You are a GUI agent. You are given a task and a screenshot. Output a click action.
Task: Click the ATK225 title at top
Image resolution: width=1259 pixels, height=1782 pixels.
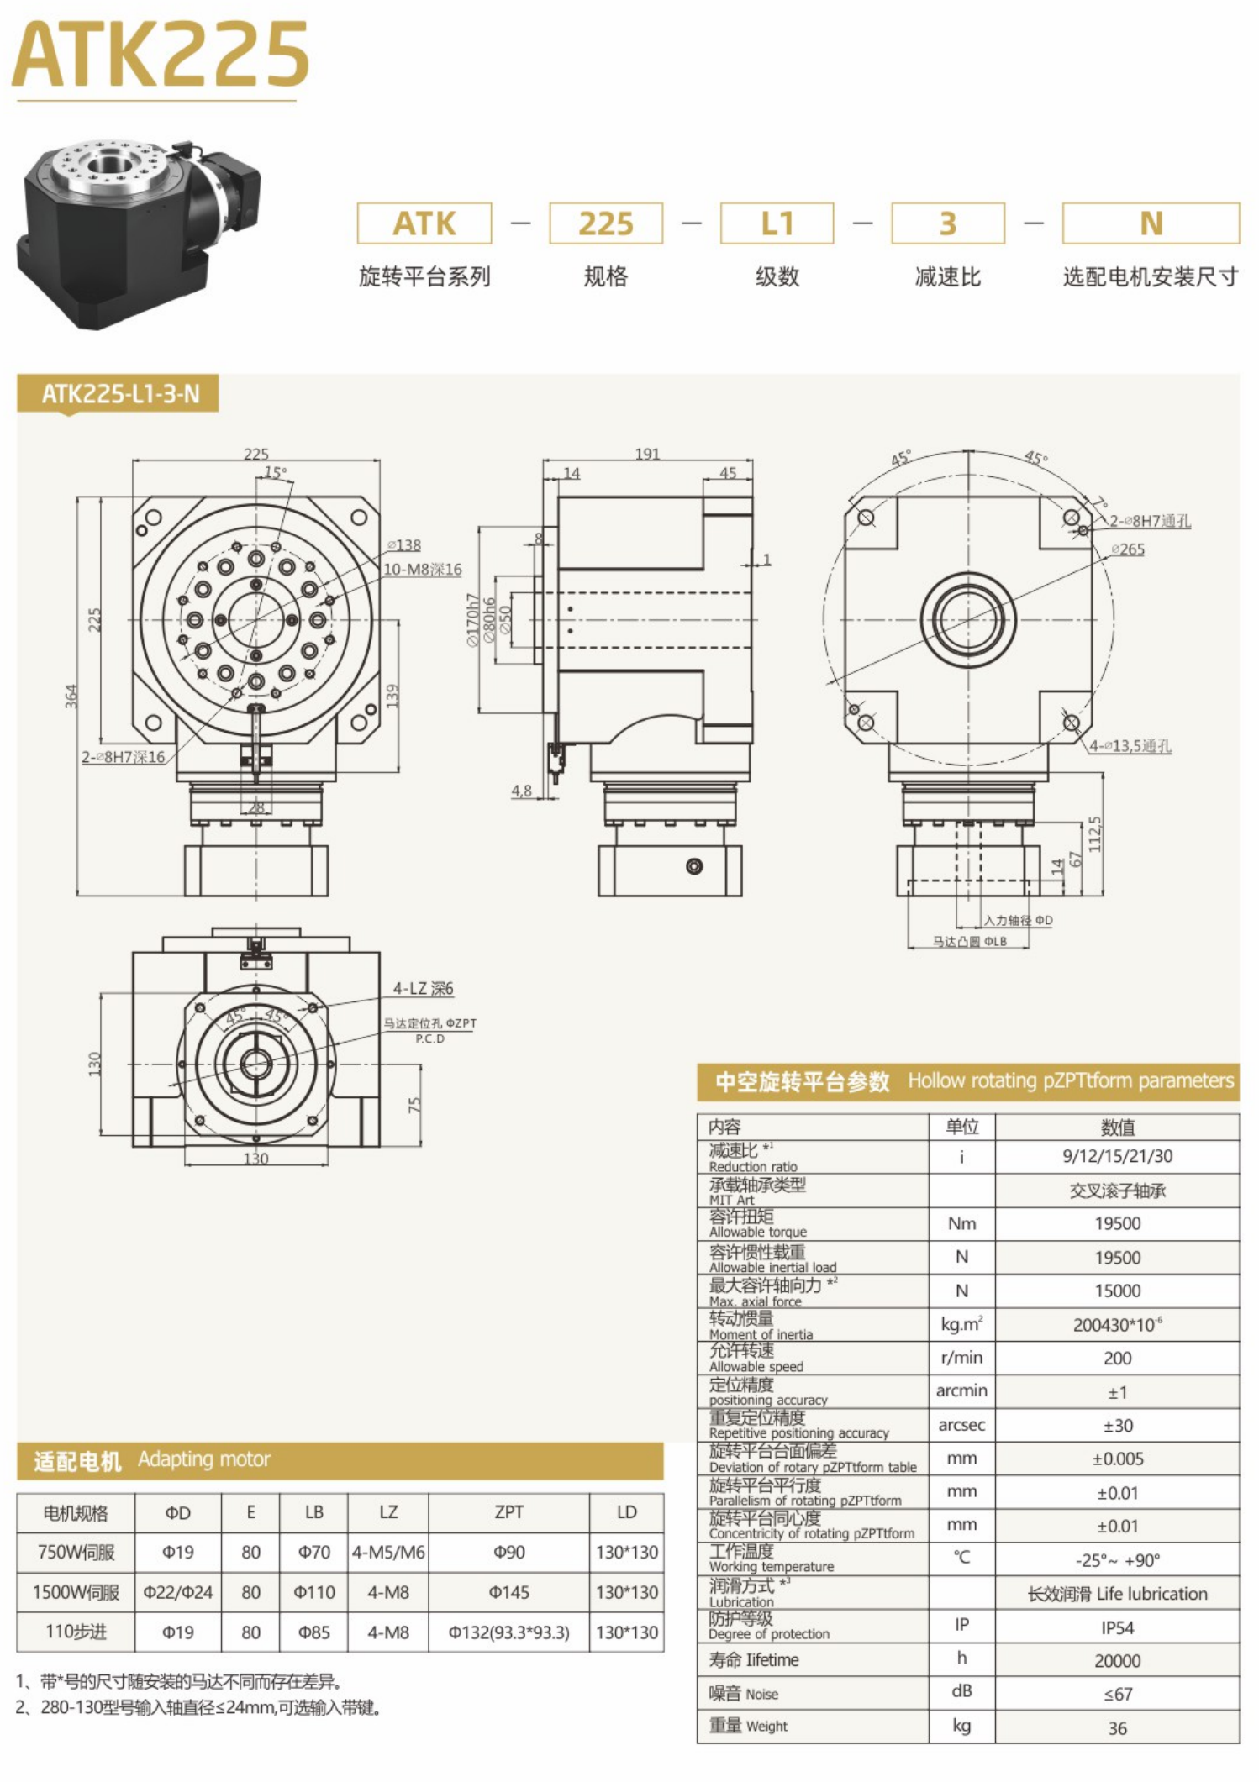point(160,55)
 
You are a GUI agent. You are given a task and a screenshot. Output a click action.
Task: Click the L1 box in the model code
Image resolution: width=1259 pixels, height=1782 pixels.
point(777,223)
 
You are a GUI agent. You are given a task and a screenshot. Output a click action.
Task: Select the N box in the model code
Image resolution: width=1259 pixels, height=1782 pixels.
point(1150,223)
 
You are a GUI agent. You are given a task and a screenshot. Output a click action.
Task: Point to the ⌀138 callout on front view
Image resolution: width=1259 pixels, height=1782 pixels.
point(405,545)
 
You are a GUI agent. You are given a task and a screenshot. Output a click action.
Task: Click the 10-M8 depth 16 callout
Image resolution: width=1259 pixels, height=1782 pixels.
point(423,569)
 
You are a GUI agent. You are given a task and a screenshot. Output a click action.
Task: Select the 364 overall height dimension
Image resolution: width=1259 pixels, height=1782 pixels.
point(71,696)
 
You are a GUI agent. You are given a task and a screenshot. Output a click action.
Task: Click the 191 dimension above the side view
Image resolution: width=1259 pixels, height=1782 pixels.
point(646,454)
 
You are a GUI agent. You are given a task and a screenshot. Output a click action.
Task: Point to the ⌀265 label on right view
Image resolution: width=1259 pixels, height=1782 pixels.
point(1128,549)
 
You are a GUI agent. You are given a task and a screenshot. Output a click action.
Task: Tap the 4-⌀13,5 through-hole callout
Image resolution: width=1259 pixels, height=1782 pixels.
point(1130,745)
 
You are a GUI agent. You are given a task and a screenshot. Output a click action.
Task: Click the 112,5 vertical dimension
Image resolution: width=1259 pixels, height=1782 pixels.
point(1094,833)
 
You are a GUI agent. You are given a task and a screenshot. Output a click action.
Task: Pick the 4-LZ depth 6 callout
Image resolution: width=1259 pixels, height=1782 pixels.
point(423,989)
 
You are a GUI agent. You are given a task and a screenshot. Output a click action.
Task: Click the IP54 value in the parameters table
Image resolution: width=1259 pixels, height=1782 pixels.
point(1117,1627)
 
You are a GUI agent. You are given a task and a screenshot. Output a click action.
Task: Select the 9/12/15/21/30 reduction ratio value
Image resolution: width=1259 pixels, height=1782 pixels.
point(1117,1156)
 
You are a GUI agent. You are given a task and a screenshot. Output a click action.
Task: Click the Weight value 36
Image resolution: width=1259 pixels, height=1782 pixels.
point(1117,1728)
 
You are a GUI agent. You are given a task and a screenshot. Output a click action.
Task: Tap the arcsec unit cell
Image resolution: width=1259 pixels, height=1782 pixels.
point(961,1425)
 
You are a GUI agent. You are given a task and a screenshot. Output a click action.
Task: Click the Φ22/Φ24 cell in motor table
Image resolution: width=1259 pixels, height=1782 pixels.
point(177,1592)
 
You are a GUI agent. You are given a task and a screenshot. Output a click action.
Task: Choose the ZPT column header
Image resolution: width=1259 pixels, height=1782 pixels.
point(508,1512)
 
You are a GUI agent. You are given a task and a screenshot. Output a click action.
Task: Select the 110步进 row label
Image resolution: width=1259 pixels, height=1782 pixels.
point(76,1632)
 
